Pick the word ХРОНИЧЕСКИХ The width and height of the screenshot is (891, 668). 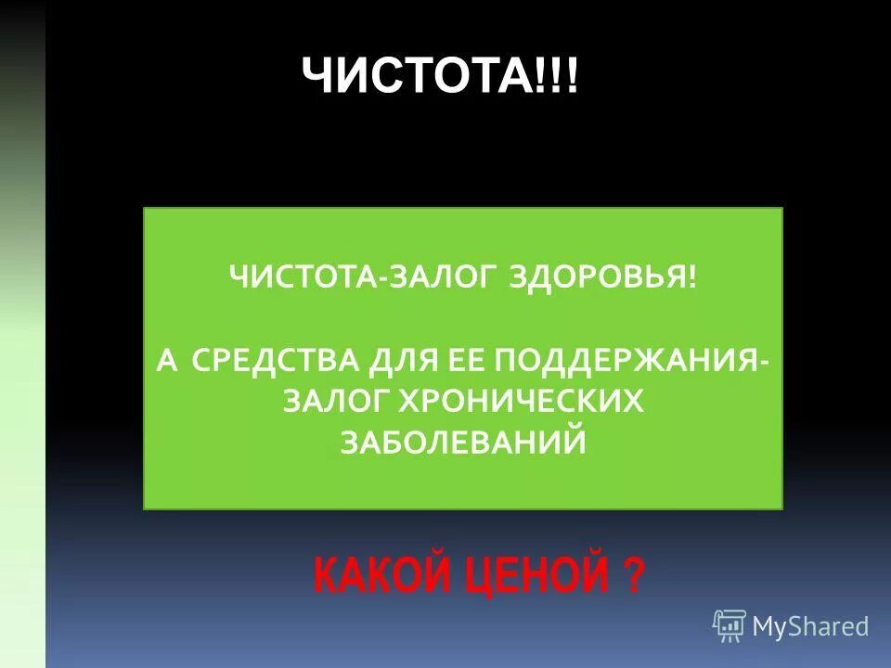coord(521,401)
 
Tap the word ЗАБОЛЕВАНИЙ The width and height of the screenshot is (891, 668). coord(463,442)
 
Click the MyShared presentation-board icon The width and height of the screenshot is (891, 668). coord(730,626)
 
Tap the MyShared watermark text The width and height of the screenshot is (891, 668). coord(810,627)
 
